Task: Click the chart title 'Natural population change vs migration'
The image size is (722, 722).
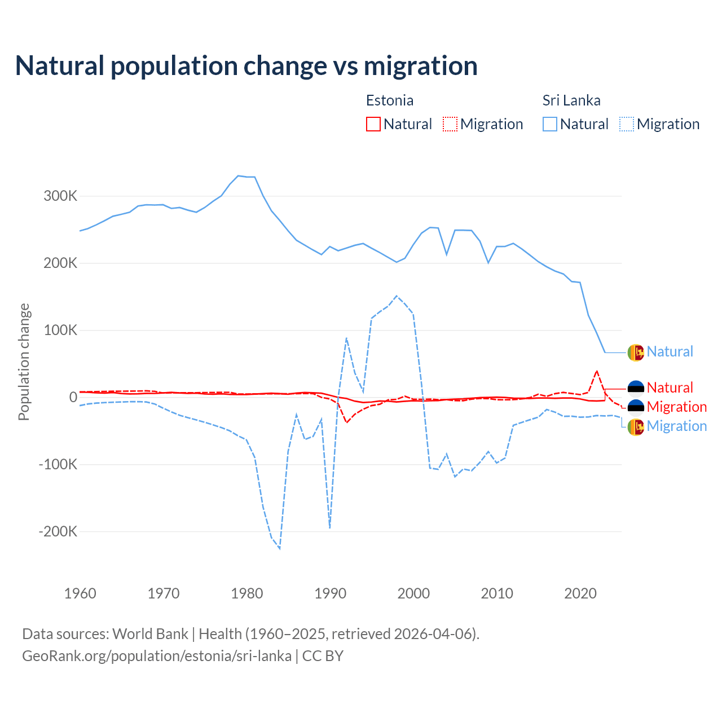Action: [246, 65]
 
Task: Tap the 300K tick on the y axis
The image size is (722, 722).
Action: [60, 196]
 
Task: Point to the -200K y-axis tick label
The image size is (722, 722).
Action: [58, 531]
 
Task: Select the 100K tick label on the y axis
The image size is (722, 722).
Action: [60, 331]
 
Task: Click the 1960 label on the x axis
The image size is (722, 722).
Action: [80, 593]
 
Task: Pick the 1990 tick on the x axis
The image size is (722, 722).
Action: [330, 593]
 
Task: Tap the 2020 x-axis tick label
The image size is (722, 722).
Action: [580, 593]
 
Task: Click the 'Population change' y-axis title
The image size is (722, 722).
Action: [24, 362]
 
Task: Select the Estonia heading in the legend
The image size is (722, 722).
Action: [390, 100]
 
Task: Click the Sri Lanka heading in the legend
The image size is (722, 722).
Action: [571, 100]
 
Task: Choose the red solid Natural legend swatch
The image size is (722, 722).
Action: [373, 124]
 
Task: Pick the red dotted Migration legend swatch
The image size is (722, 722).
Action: [450, 124]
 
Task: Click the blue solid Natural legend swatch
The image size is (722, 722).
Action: [550, 124]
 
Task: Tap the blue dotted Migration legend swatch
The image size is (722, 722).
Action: [627, 124]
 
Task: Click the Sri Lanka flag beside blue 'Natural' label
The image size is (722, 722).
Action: [636, 352]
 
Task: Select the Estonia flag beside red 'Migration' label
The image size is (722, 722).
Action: [636, 407]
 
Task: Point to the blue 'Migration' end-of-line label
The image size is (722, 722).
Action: [676, 426]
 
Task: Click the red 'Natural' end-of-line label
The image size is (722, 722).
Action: [670, 388]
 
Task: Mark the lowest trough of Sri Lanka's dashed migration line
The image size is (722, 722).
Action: [280, 548]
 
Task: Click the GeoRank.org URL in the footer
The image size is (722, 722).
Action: [157, 656]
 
